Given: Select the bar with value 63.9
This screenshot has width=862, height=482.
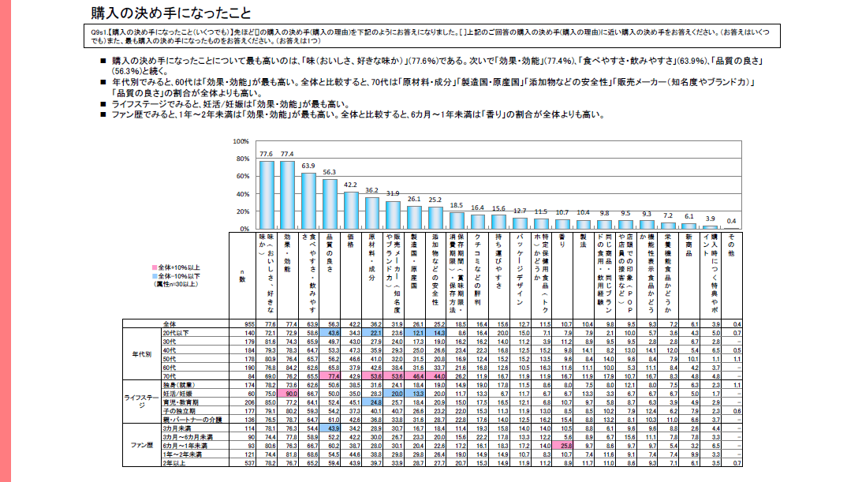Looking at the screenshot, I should click(x=308, y=201).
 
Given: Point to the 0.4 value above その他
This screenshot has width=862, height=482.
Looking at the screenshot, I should click(x=730, y=220).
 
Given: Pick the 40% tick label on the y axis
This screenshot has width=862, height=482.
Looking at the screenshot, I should click(x=242, y=194).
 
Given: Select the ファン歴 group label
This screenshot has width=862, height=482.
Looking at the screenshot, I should click(x=140, y=447).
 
